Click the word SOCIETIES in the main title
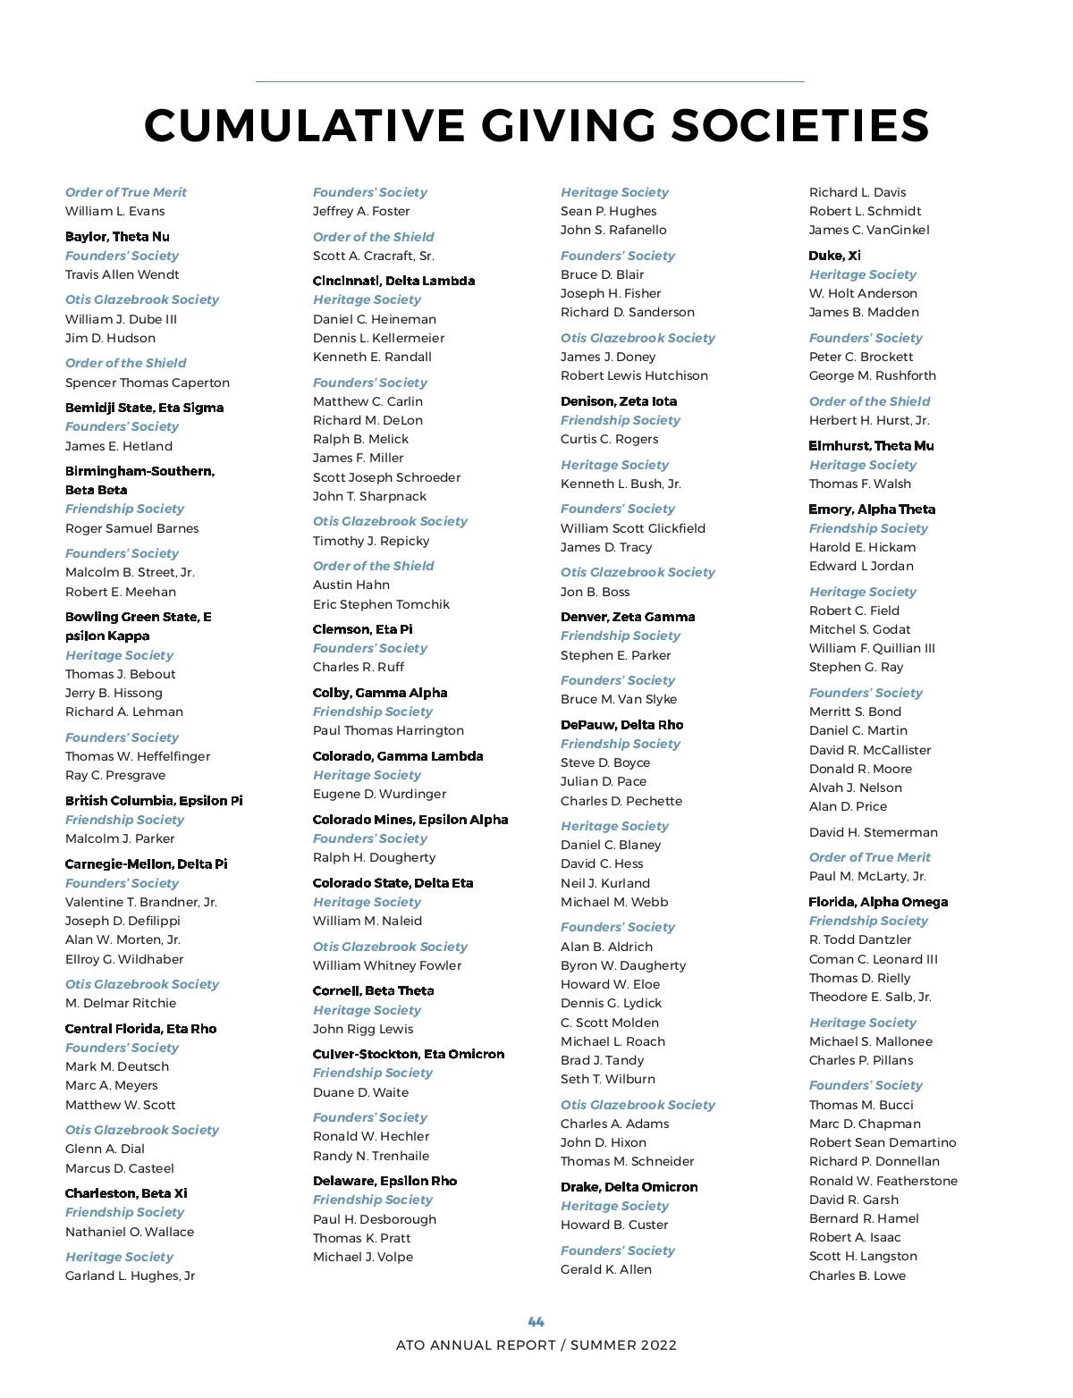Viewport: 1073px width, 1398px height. pos(800,125)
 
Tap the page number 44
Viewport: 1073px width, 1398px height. pos(536,1321)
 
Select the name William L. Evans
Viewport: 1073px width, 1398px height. pos(115,211)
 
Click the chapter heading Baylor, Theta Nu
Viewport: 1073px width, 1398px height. pos(117,237)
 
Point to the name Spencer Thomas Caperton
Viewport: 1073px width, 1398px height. pos(148,383)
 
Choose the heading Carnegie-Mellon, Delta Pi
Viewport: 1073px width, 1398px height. pos(147,864)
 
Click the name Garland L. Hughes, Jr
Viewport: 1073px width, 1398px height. pos(131,1276)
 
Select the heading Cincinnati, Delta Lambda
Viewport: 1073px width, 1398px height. pos(393,281)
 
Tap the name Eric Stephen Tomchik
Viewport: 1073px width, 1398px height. pos(381,604)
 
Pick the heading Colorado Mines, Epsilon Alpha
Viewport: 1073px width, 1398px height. pos(410,820)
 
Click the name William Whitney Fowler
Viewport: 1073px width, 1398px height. pos(387,965)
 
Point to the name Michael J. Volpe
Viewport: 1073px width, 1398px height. pos(363,1257)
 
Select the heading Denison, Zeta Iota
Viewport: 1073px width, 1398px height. pos(619,401)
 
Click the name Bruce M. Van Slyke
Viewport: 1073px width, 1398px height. pos(619,699)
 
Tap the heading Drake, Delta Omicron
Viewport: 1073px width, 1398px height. pos(629,1187)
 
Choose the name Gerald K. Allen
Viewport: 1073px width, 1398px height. pos(606,1269)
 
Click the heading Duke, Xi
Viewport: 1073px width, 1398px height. pos(835,256)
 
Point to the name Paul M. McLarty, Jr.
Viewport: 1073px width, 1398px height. pos(867,876)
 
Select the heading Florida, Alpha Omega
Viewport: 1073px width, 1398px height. pos(878,902)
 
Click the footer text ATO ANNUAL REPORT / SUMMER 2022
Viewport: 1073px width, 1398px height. pos(536,1345)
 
